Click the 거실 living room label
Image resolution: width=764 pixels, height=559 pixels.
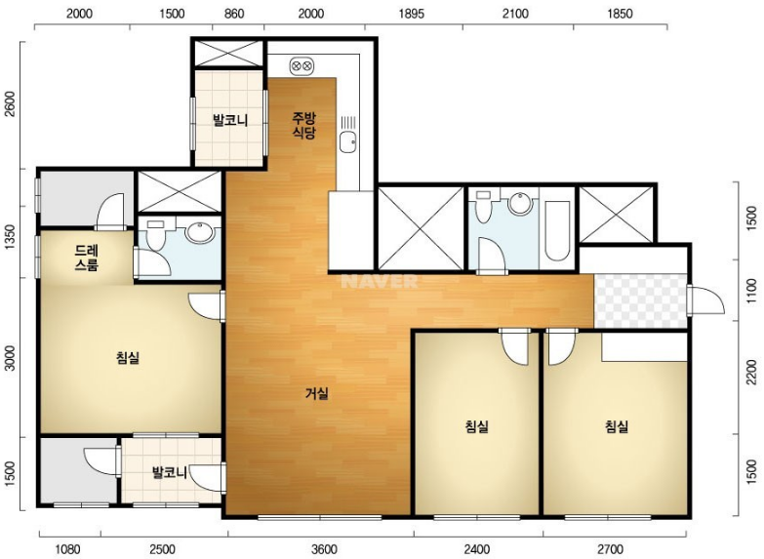pos(317,393)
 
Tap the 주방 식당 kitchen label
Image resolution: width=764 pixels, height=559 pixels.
pos(304,125)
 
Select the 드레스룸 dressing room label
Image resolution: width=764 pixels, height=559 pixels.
pos(87,258)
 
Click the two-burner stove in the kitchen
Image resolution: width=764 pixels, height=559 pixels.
pos(302,65)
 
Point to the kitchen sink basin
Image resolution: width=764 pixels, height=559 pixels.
pos(348,141)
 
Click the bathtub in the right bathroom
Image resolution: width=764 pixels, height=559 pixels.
pos(557,230)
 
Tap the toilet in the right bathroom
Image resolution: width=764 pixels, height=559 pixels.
pos(483,207)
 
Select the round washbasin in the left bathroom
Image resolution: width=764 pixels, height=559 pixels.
pos(200,232)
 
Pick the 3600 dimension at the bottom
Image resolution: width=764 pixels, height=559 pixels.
pos(324,549)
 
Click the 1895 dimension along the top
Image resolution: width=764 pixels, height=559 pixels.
pos(412,14)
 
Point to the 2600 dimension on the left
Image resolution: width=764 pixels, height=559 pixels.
pos(10,104)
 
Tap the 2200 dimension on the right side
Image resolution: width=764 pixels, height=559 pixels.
pos(752,372)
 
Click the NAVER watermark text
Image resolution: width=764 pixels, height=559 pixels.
pos(380,281)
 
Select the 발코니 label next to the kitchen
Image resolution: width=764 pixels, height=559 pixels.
pos(230,120)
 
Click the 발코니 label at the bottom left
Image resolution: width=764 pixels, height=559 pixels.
pos(170,472)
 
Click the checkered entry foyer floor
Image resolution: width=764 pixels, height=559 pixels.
pos(640,300)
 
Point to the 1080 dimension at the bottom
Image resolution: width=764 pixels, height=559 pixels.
pos(66,549)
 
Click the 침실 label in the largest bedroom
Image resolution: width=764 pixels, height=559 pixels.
pos(128,358)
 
